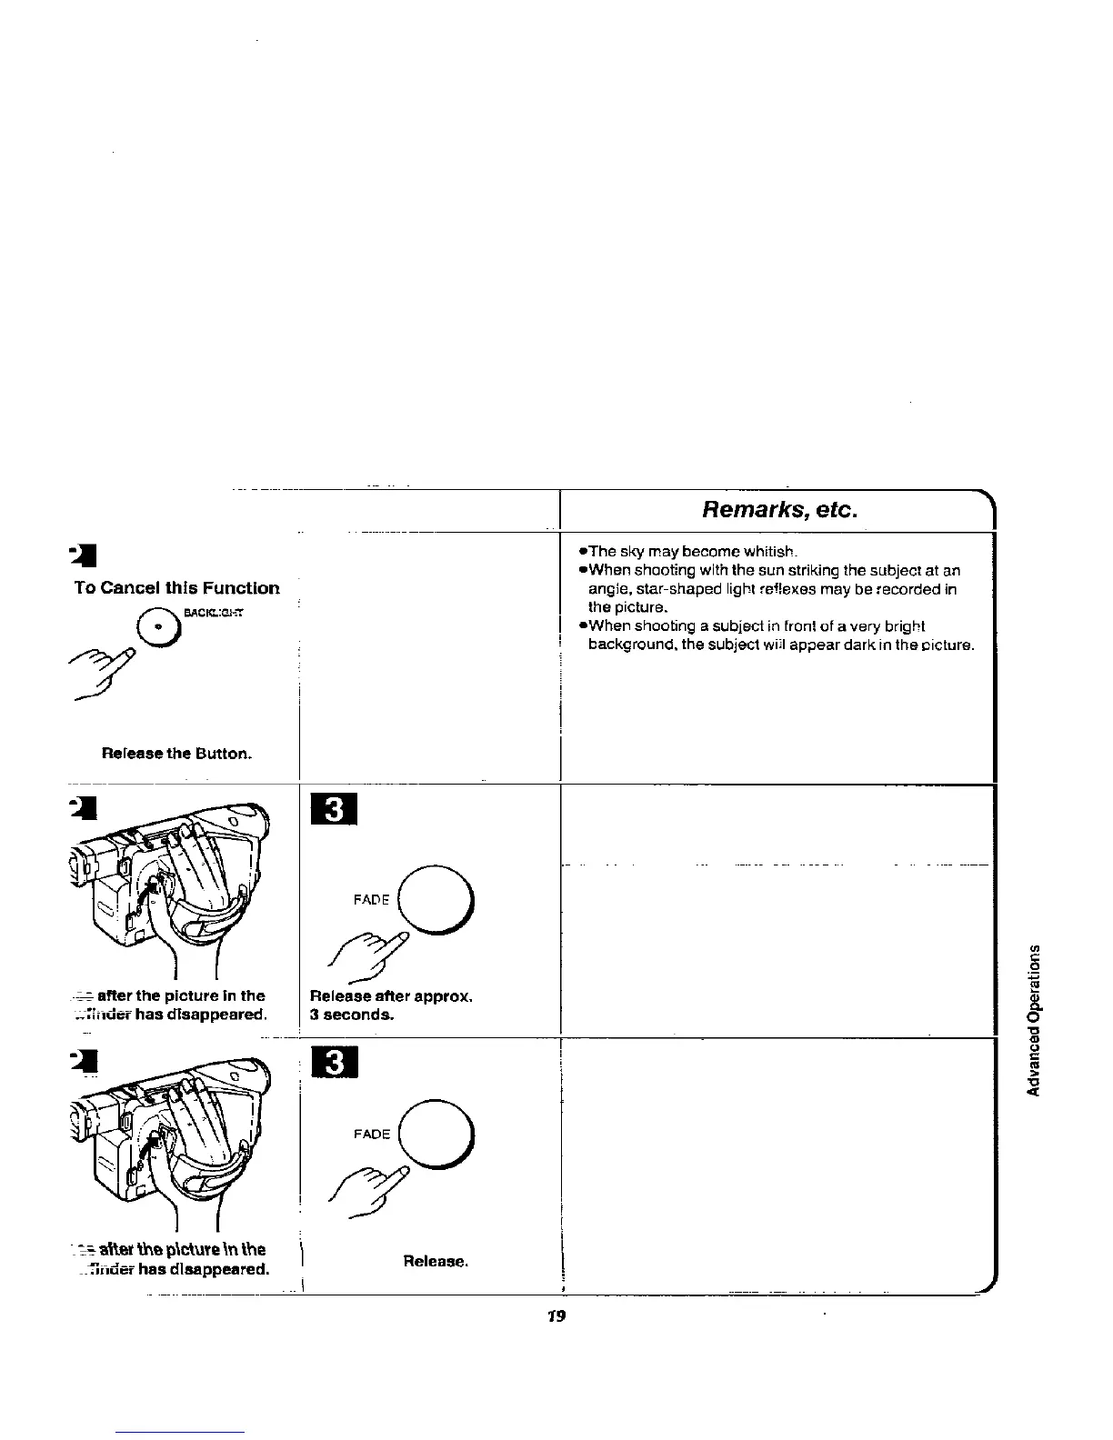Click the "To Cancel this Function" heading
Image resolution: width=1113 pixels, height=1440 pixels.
click(x=176, y=588)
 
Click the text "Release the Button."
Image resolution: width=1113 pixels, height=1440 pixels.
click(x=176, y=754)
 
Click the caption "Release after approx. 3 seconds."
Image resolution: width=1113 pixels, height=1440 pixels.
click(x=391, y=1005)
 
